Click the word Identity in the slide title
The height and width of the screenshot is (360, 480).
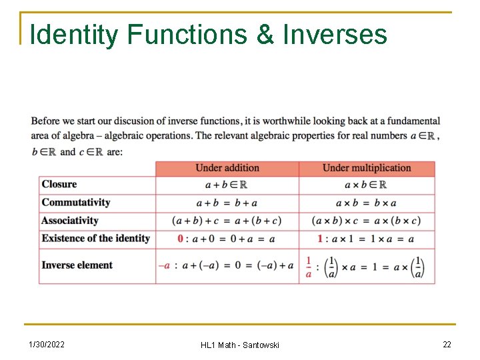[x=74, y=35]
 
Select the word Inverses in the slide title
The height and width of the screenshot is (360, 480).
[x=335, y=35]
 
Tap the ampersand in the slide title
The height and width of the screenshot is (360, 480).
[x=265, y=35]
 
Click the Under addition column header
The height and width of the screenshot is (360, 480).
[x=227, y=168]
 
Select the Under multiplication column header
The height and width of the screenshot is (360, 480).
[x=367, y=168]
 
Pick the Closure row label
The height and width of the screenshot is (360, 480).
[x=59, y=185]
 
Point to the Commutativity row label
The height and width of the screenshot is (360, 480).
[x=76, y=203]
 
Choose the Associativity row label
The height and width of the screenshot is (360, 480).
[x=70, y=221]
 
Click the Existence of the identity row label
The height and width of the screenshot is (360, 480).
[x=96, y=239]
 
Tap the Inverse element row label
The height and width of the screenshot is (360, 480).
[x=77, y=265]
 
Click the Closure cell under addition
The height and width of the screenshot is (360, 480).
[x=227, y=185]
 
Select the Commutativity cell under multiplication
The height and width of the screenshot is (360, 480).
[x=366, y=203]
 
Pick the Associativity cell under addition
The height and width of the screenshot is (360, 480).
[x=227, y=221]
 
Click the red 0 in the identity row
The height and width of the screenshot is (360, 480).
[x=180, y=239]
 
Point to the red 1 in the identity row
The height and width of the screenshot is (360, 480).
[x=320, y=239]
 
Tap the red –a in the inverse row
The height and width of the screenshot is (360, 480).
[x=164, y=265]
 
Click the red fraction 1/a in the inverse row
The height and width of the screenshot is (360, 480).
[x=309, y=266]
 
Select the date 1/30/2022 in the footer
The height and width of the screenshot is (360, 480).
[x=47, y=344]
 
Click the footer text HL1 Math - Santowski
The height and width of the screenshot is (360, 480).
[x=240, y=345]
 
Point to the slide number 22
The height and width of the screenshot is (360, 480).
[x=447, y=344]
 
